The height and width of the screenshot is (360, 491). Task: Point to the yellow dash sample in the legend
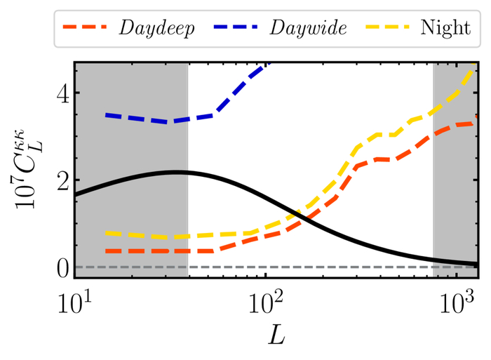pyautogui.click(x=386, y=29)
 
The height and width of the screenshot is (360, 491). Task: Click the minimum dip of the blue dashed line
pyautogui.click(x=168, y=122)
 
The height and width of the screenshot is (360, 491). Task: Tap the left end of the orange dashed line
pyautogui.click(x=106, y=251)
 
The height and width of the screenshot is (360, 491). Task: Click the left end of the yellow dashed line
pyautogui.click(x=106, y=233)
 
